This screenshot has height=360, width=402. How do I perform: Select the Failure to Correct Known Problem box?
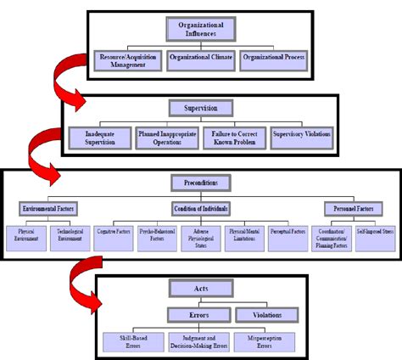(x=234, y=138)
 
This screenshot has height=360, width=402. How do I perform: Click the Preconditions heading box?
(x=201, y=183)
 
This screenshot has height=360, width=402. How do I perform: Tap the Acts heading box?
(x=201, y=289)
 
